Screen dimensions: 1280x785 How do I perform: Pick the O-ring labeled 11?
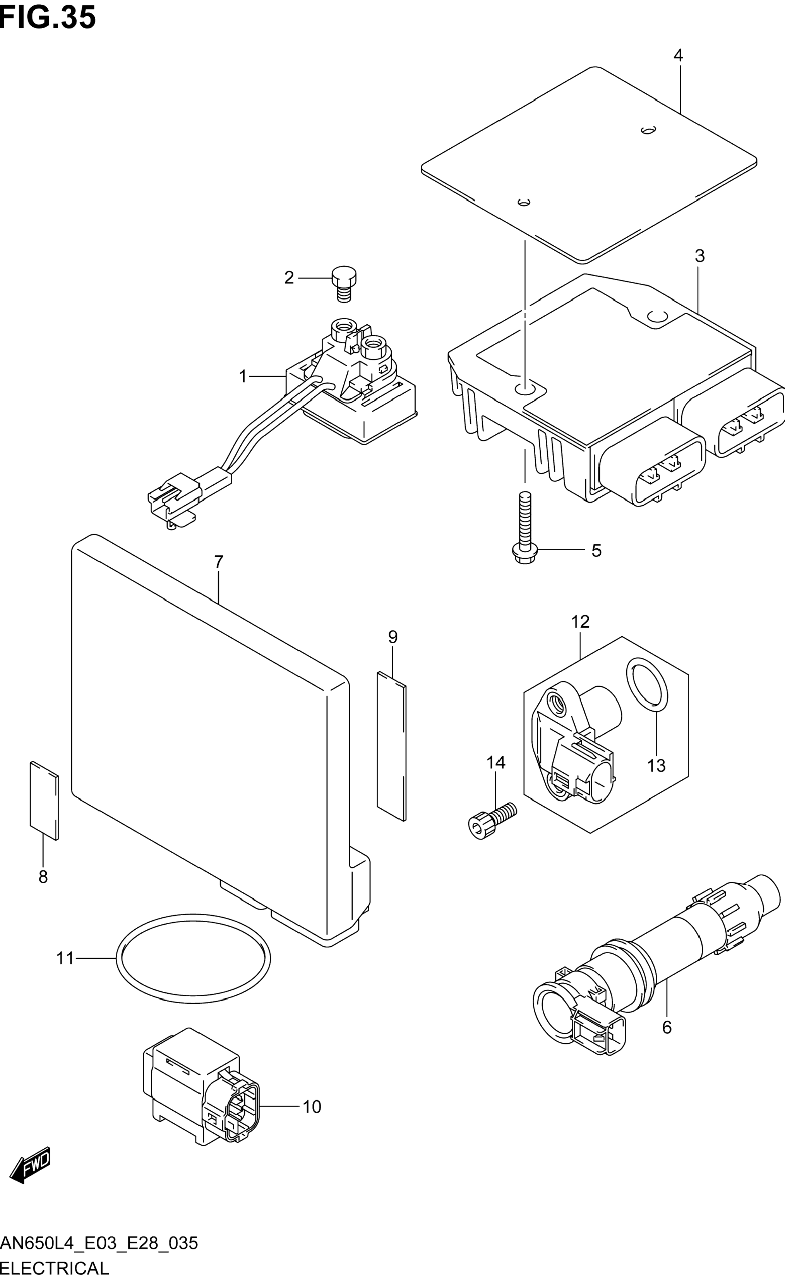[193, 958]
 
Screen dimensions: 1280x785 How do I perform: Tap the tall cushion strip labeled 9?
[391, 746]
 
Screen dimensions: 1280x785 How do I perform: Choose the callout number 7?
[219, 562]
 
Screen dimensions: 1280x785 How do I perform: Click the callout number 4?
[678, 55]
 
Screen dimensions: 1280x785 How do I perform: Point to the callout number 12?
[581, 622]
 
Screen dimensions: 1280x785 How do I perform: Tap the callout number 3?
[699, 256]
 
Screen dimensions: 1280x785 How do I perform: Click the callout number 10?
[312, 1107]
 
